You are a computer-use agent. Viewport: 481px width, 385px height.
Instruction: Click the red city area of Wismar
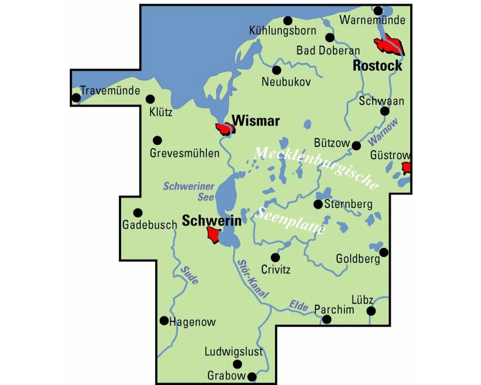pos(225,128)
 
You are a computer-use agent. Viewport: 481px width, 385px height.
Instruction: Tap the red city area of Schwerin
pos(212,235)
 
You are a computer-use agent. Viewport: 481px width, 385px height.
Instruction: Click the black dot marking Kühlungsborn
pos(288,20)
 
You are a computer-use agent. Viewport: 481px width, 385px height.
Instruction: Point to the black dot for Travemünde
pos(76,98)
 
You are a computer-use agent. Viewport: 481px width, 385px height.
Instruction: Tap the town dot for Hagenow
pos(164,321)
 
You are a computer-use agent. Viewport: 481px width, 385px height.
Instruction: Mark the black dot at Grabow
pos(251,376)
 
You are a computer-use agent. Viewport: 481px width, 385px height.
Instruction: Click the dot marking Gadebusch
pos(138,212)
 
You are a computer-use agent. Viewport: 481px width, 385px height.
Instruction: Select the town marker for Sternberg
pos(318,205)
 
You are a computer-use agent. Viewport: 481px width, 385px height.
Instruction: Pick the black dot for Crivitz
pos(275,257)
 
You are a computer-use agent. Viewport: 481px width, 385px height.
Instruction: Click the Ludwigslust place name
pos(234,352)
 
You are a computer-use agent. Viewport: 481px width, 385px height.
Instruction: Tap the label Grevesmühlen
pos(185,154)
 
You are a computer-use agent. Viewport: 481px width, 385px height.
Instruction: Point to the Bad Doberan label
pos(328,51)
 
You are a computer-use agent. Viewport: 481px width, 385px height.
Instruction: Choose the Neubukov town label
pos(286,82)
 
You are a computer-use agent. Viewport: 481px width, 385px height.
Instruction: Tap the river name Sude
pos(190,275)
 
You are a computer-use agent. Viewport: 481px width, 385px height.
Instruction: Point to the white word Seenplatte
pos(290,221)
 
